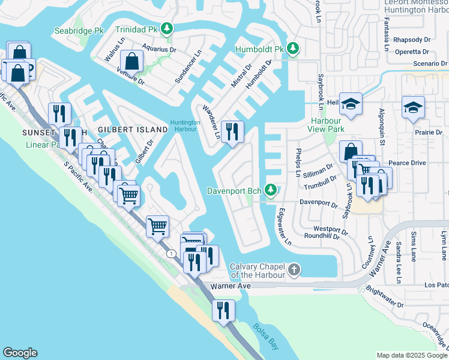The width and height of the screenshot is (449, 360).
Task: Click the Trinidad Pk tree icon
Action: point(167,28)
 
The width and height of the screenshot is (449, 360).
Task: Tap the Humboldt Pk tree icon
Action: point(292,48)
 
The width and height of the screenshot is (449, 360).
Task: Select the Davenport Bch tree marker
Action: point(271,190)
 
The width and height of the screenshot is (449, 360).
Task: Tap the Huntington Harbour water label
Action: point(184,126)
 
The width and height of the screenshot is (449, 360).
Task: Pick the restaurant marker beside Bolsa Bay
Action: point(223,310)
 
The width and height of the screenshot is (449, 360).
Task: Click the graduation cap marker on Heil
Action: point(350,104)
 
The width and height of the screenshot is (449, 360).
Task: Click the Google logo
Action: point(20,353)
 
